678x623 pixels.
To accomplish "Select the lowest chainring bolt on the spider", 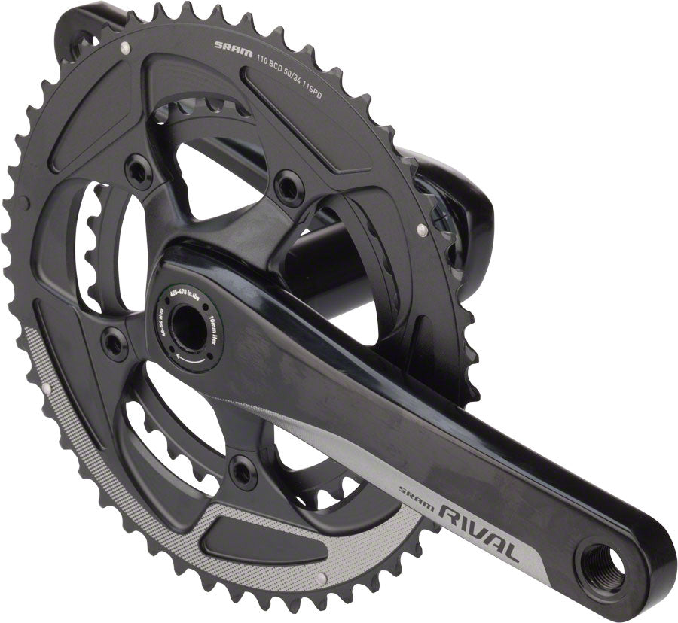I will click(242, 471).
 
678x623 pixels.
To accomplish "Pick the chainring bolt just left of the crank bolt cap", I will click(115, 343).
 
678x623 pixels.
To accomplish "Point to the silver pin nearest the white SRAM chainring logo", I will click(121, 48).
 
